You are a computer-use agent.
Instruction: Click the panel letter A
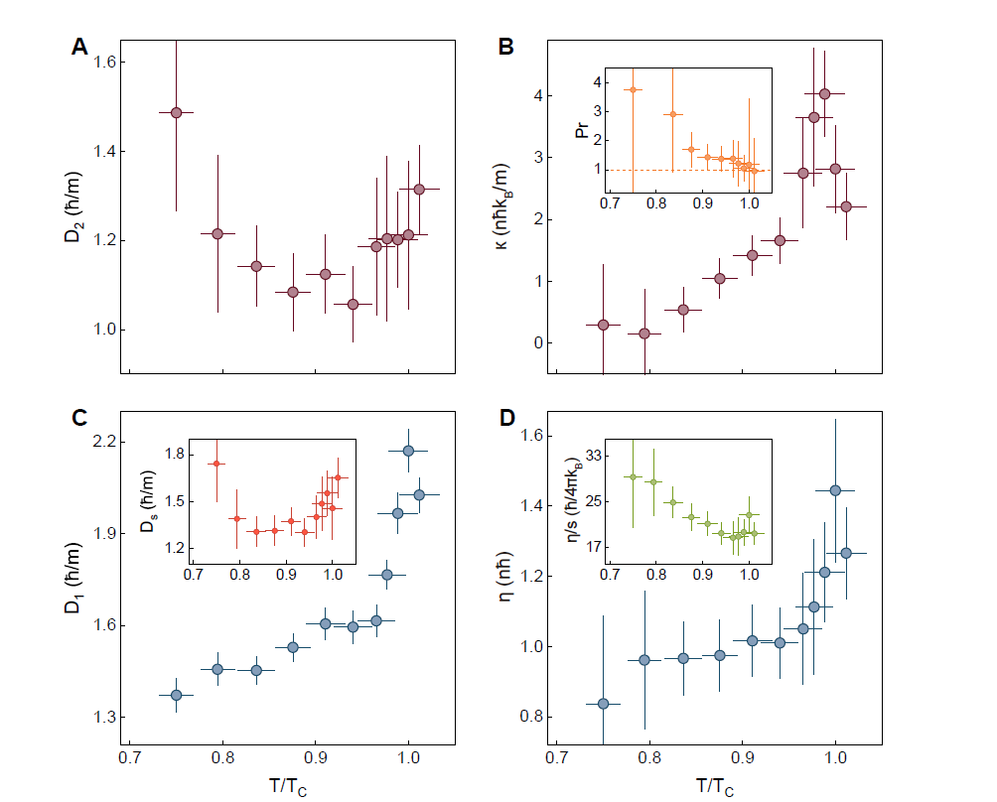click(80, 46)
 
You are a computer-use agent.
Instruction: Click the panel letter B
click(505, 46)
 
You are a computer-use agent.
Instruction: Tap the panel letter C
click(80, 418)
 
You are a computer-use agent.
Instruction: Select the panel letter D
click(506, 418)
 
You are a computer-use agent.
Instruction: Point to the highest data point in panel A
click(176, 112)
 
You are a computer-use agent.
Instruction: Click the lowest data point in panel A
click(353, 304)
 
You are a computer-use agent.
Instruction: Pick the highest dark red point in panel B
click(824, 93)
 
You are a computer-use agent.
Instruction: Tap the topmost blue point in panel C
click(408, 451)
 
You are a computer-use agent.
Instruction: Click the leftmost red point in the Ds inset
click(215, 464)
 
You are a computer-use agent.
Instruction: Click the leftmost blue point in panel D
click(603, 704)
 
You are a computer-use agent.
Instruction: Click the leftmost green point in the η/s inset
click(632, 476)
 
